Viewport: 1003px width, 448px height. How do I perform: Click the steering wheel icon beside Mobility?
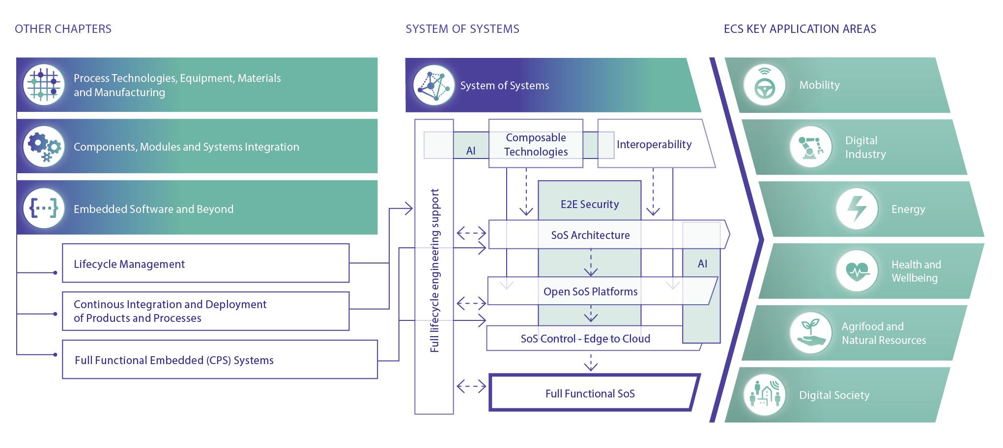(x=765, y=85)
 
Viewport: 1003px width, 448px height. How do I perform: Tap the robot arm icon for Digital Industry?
(x=810, y=147)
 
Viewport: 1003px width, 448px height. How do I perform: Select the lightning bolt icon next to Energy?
(x=857, y=209)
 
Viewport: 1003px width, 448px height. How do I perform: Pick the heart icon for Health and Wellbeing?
(x=857, y=271)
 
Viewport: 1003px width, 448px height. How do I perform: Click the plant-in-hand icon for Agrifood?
(x=811, y=333)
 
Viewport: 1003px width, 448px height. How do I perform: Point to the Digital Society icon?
(x=764, y=395)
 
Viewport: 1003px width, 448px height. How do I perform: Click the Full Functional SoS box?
(x=590, y=394)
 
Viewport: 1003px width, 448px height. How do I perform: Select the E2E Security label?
(x=590, y=204)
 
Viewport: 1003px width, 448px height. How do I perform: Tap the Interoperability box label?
(x=654, y=144)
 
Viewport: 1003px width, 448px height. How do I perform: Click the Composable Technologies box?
(x=536, y=144)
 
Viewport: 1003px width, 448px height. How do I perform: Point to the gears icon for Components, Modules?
(x=44, y=147)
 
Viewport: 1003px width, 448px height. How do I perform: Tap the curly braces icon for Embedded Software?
(x=44, y=208)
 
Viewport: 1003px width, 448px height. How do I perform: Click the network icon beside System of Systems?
(x=433, y=85)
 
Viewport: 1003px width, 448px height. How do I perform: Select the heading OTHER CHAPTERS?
(x=63, y=29)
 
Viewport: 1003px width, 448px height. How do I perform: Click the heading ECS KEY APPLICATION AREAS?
(x=800, y=29)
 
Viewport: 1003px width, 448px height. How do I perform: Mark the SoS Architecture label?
(x=590, y=235)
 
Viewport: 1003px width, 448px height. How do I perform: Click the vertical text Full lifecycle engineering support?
(x=434, y=270)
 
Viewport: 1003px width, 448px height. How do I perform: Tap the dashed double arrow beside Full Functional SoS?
(x=471, y=387)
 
